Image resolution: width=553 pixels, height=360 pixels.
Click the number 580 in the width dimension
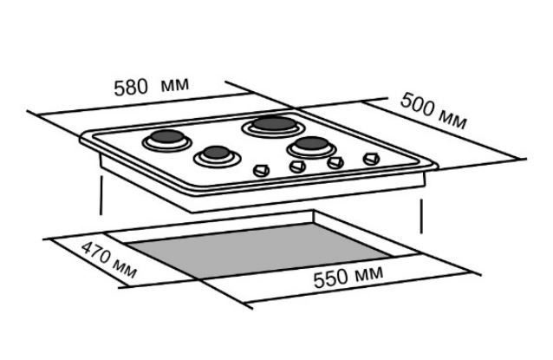131,87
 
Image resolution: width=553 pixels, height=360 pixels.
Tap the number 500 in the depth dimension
417,104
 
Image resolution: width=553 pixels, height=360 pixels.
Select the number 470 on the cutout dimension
96,252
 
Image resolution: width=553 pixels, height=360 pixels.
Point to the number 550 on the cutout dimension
330,279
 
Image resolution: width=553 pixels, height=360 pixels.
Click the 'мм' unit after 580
175,84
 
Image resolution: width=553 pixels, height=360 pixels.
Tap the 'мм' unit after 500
453,119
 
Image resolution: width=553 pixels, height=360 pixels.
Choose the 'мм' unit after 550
368,272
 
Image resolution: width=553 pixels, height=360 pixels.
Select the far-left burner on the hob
166,140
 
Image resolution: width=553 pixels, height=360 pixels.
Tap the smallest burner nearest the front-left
218,156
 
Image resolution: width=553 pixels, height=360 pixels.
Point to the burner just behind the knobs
311,146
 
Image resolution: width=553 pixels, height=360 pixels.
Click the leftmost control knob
262,170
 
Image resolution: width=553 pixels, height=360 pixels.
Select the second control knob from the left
297,167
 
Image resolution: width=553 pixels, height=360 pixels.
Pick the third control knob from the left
335,162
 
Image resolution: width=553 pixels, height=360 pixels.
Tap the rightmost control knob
371,159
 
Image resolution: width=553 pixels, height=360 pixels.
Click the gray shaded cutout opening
258,251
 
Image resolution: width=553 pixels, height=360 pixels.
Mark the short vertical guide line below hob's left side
101,195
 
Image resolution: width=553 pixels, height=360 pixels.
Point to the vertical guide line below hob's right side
421,216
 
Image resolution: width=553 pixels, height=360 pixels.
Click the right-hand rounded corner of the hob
436,166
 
